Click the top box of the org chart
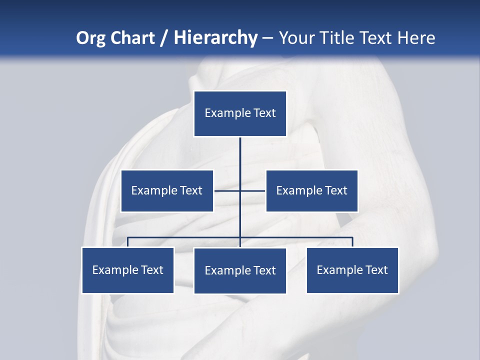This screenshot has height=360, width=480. click(x=240, y=113)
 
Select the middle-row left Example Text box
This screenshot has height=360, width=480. click(x=167, y=190)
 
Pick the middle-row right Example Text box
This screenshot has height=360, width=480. click(x=311, y=190)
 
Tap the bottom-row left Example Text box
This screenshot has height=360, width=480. click(x=128, y=270)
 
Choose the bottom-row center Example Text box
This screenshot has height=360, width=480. click(x=240, y=270)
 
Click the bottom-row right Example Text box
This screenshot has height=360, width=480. click(x=352, y=270)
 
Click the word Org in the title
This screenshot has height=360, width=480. click(x=91, y=38)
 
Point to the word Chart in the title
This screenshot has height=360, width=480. click(x=132, y=38)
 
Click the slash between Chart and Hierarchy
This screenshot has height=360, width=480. click(x=164, y=38)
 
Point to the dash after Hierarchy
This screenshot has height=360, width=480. click(x=267, y=38)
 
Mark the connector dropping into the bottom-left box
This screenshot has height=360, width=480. click(x=128, y=242)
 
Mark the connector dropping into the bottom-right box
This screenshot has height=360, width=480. click(x=352, y=242)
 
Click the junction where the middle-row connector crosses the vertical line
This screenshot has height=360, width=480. click(x=240, y=190)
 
